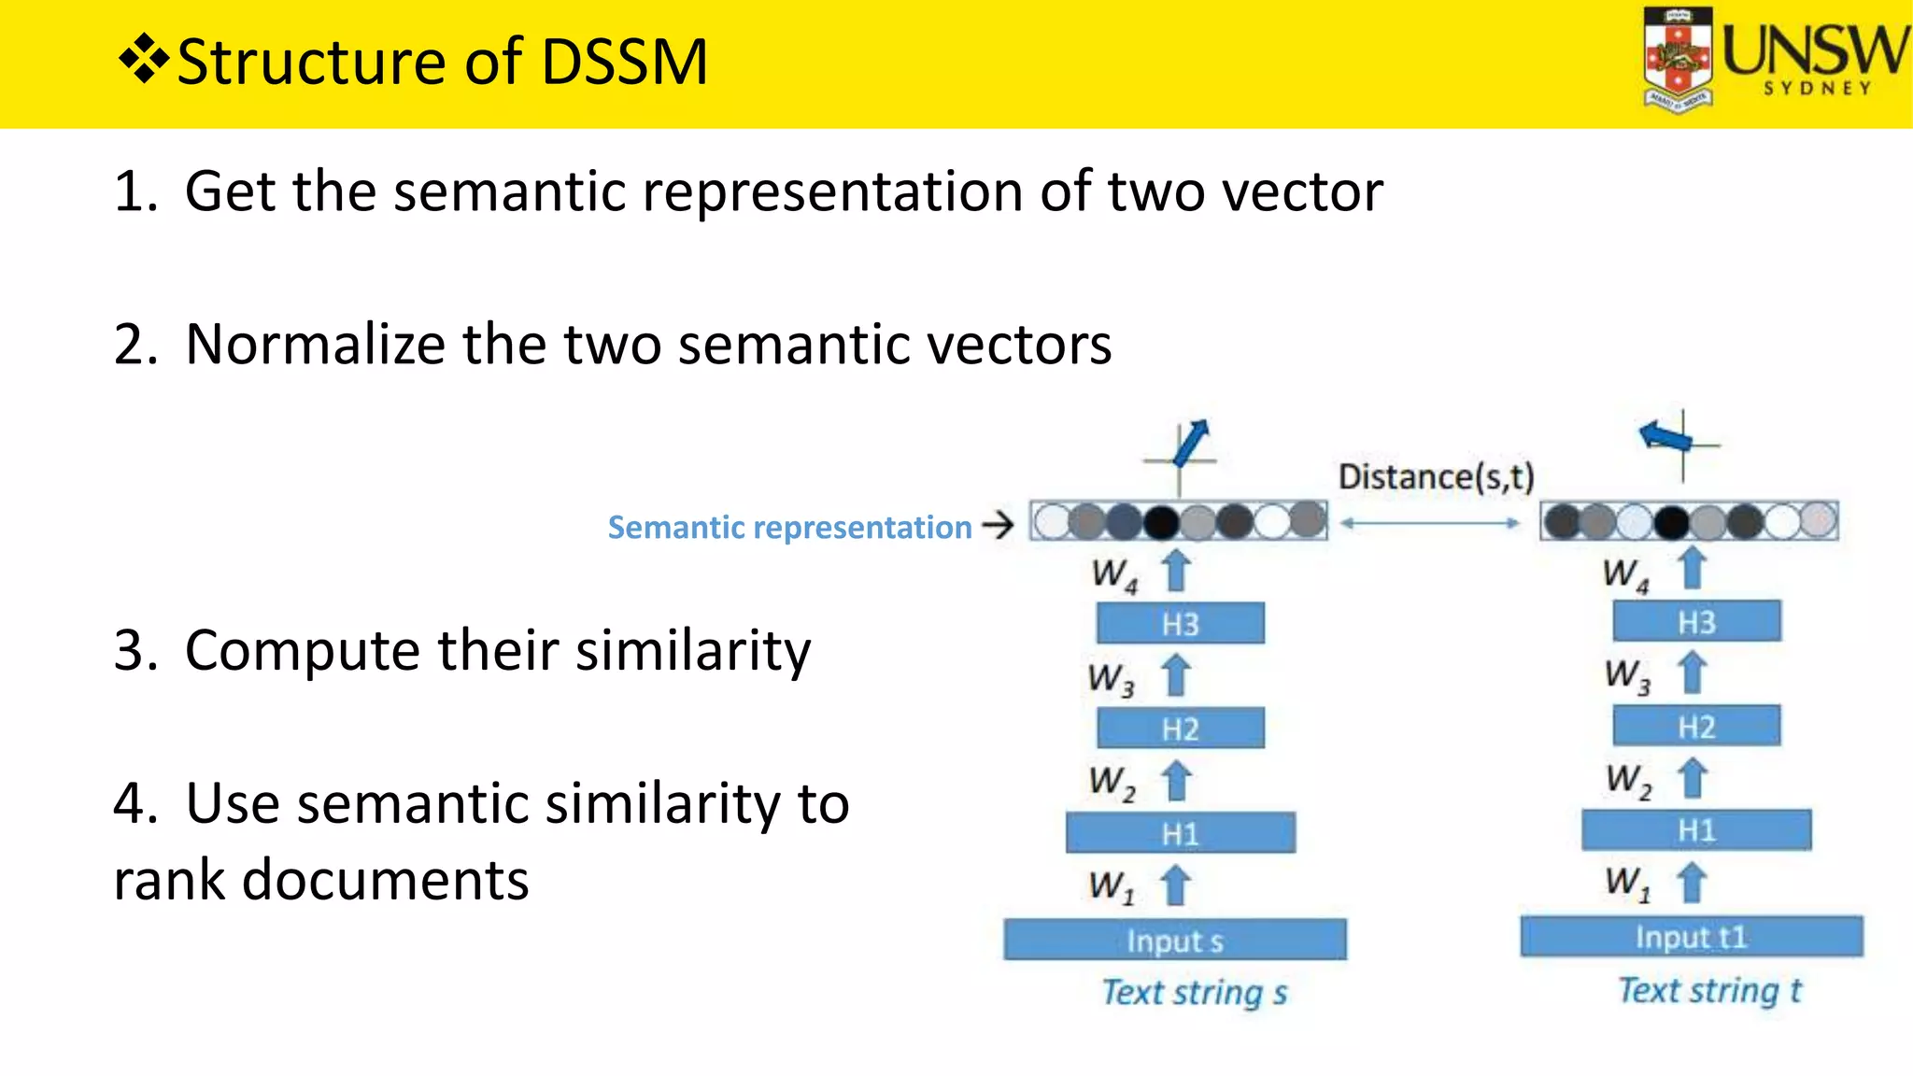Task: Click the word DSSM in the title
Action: (x=624, y=63)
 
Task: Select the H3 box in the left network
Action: (x=1180, y=623)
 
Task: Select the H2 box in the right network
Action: (x=1696, y=726)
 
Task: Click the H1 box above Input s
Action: (x=1180, y=832)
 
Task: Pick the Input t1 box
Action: (x=1691, y=936)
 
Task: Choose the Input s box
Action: (x=1174, y=940)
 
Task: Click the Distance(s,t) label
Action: (x=1436, y=476)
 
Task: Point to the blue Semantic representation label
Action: (x=789, y=527)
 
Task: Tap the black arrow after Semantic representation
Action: (x=998, y=525)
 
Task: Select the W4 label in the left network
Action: (x=1114, y=573)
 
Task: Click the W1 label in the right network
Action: (x=1627, y=882)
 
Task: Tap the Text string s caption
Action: (x=1194, y=992)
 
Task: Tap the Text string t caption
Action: (x=1708, y=990)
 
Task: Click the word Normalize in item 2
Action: (x=316, y=345)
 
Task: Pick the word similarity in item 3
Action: (x=692, y=650)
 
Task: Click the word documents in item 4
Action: (x=385, y=880)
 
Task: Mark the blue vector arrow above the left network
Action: (x=1191, y=442)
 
